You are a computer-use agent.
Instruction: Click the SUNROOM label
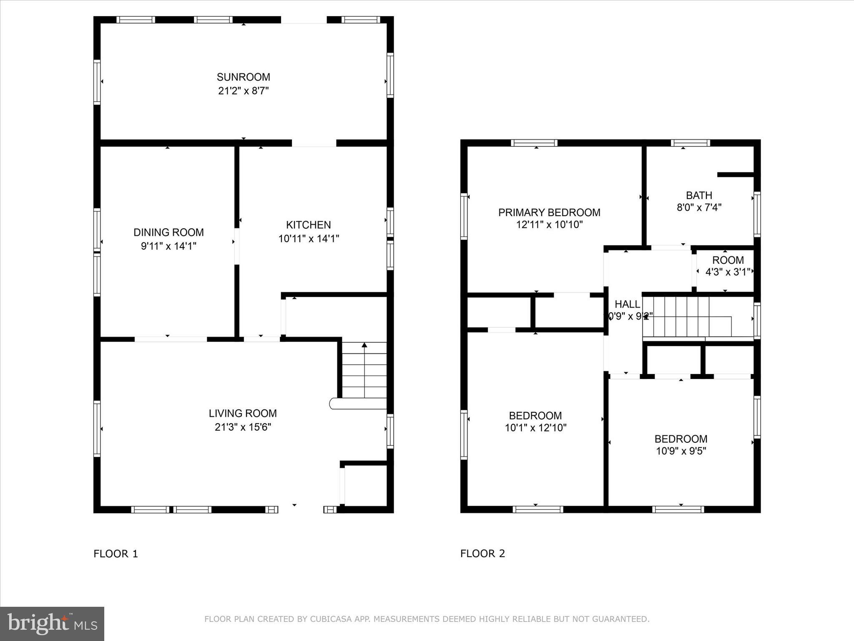click(243, 77)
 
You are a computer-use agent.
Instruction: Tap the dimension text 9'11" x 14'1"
click(168, 246)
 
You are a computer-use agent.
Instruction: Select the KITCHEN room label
click(308, 225)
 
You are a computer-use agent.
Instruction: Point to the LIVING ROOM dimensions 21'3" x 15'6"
click(243, 427)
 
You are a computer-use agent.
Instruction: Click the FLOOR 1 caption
click(116, 554)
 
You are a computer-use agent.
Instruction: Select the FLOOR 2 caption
click(482, 554)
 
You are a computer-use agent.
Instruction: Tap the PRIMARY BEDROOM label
click(549, 212)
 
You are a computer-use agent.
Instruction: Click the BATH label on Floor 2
click(699, 195)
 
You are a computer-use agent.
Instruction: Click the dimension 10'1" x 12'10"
click(535, 428)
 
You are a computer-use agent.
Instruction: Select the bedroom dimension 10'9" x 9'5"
click(681, 451)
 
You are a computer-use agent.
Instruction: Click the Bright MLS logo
click(52, 623)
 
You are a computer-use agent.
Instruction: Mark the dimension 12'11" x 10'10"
click(549, 225)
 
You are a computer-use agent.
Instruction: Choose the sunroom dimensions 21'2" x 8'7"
click(243, 91)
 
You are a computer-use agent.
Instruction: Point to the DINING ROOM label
click(168, 232)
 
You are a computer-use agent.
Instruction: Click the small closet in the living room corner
click(366, 485)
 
